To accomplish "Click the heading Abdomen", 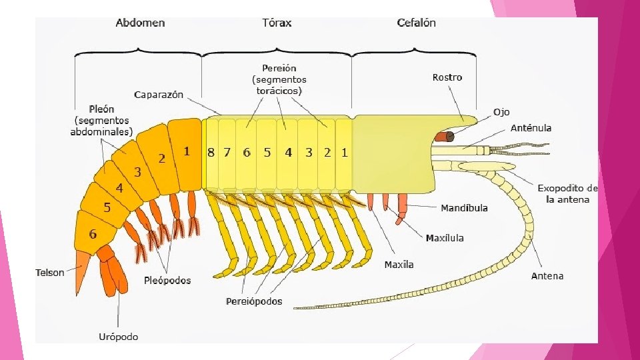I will click(x=140, y=23).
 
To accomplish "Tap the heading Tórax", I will click(x=277, y=23).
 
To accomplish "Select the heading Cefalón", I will click(x=416, y=23).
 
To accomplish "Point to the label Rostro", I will click(x=447, y=77).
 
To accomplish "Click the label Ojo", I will click(x=501, y=112).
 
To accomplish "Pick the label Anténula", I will click(x=531, y=128).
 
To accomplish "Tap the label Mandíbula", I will click(x=464, y=208).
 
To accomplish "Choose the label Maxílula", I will click(x=445, y=238).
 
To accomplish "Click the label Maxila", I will click(x=399, y=265).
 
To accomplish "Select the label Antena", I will click(x=547, y=276).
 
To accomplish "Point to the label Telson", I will click(x=50, y=273).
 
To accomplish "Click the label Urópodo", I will click(x=119, y=337).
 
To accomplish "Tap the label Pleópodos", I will click(x=167, y=281).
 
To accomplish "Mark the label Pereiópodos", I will click(x=253, y=301).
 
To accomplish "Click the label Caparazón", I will click(x=159, y=95).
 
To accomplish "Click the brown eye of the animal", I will click(x=445, y=137).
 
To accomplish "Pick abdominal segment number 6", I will click(x=93, y=234).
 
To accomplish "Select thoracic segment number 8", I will click(x=211, y=152).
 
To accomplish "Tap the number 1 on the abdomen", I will click(x=187, y=151).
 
